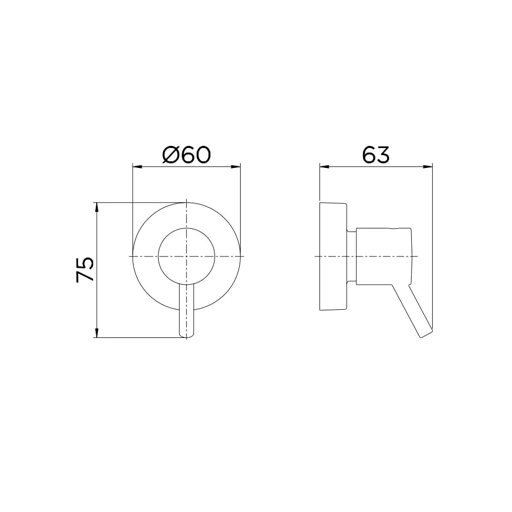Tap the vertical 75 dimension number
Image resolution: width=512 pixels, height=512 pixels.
pyautogui.click(x=85, y=270)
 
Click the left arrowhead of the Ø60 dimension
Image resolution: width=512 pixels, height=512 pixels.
pyautogui.click(x=137, y=167)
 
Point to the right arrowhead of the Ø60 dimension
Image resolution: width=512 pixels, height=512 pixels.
pyautogui.click(x=236, y=167)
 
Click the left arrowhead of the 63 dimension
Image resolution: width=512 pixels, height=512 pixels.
pyautogui.click(x=324, y=167)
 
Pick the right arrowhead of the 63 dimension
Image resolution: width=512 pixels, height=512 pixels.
pyautogui.click(x=428, y=167)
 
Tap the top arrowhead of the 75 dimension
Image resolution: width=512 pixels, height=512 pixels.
pyautogui.click(x=96, y=207)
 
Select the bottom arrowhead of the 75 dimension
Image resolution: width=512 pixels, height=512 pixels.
pyautogui.click(x=96, y=333)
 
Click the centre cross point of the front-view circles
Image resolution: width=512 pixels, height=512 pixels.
pyautogui.click(x=186, y=257)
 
